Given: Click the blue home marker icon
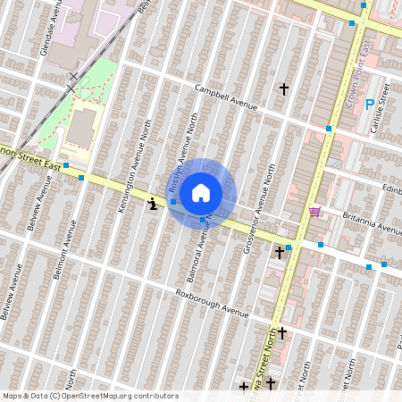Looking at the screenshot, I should click(x=201, y=191).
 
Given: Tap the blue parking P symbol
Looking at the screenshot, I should click(x=370, y=105).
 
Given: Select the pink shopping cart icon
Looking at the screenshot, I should click(x=314, y=212).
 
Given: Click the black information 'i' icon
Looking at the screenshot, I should click(x=153, y=204).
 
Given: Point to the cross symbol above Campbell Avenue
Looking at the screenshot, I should click(x=284, y=89).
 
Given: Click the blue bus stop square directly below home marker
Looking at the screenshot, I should click(x=203, y=219).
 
